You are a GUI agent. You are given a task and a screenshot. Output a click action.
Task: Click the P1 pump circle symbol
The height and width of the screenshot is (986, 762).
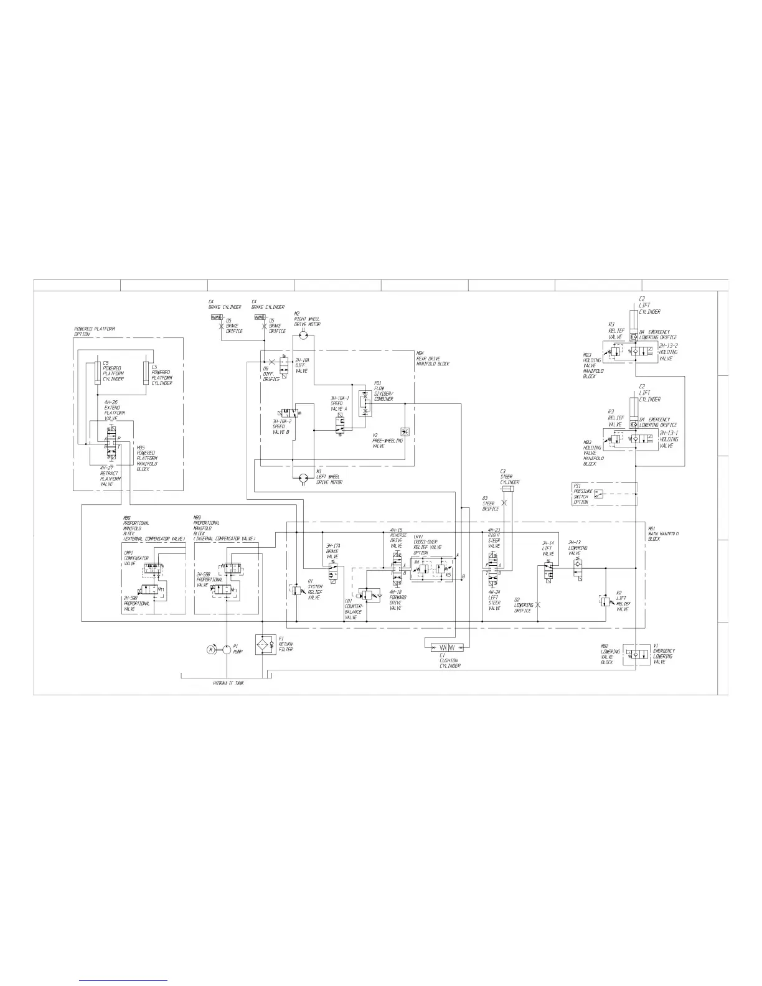pos(227,649)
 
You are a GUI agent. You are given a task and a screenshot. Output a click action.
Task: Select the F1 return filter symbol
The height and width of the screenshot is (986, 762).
pos(265,645)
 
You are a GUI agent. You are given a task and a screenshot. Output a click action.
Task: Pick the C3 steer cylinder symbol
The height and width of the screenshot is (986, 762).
pos(506,488)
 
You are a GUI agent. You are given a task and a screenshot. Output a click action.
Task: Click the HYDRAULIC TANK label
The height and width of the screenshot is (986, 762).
pos(228,683)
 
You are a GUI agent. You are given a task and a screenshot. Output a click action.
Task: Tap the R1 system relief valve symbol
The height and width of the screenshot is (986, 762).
pos(296,588)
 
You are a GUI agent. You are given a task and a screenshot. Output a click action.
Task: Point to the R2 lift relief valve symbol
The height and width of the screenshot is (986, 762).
pos(605,601)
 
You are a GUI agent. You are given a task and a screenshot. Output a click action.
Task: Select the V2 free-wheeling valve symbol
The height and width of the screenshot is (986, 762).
pos(404,432)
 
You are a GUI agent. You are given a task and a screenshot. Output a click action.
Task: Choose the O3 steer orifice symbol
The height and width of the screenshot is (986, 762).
pos(506,502)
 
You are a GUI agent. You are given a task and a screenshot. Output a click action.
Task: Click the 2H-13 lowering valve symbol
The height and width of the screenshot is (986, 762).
pos(577,567)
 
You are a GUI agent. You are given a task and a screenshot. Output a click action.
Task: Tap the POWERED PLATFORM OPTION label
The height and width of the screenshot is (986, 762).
pos(95,331)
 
